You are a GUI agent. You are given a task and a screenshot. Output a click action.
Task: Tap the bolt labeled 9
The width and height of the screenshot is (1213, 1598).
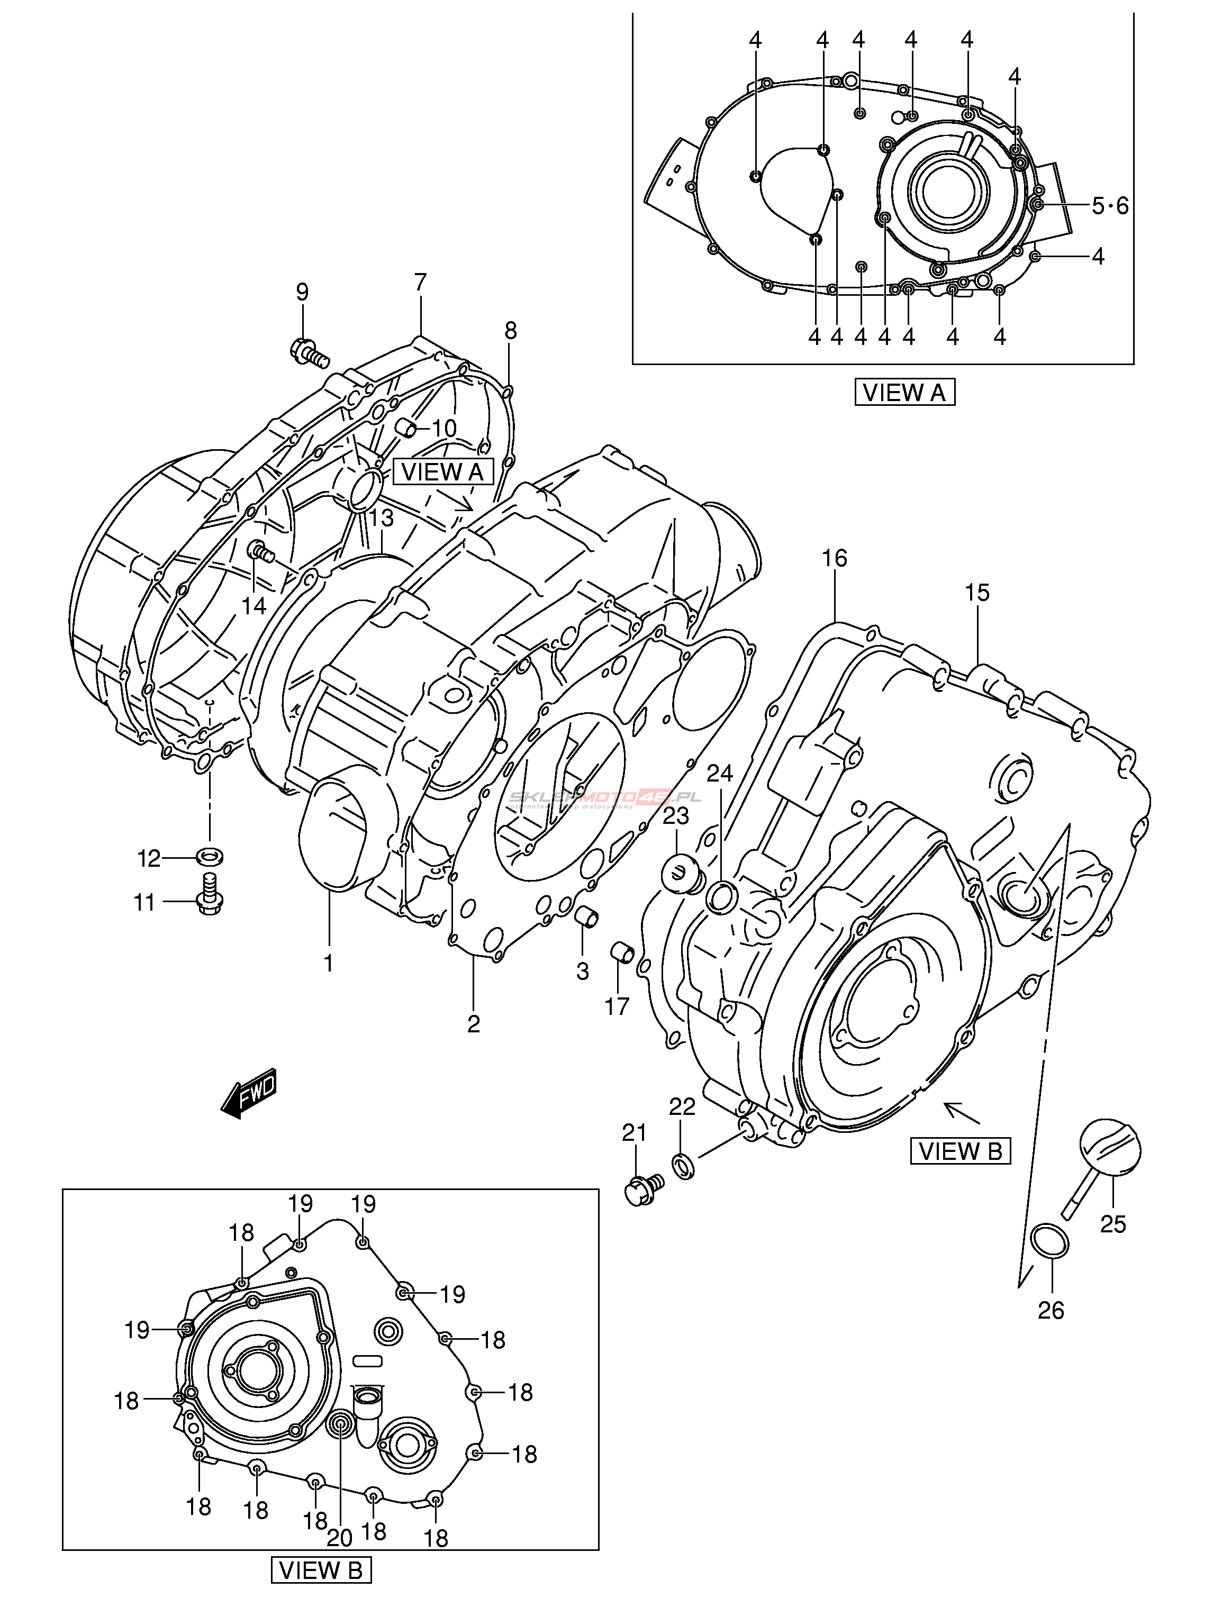[x=309, y=352]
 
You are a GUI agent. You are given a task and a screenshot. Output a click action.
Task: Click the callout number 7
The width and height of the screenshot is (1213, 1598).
[x=420, y=283]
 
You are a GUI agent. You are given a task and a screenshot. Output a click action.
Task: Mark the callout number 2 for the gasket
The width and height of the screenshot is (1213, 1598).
[x=473, y=1024]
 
